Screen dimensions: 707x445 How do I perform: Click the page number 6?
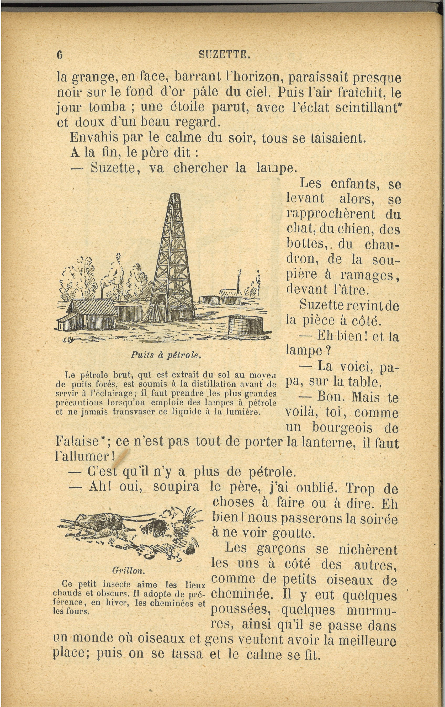click(x=60, y=55)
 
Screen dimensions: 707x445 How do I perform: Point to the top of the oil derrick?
click(x=176, y=195)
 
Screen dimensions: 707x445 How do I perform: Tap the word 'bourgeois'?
click(x=342, y=428)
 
